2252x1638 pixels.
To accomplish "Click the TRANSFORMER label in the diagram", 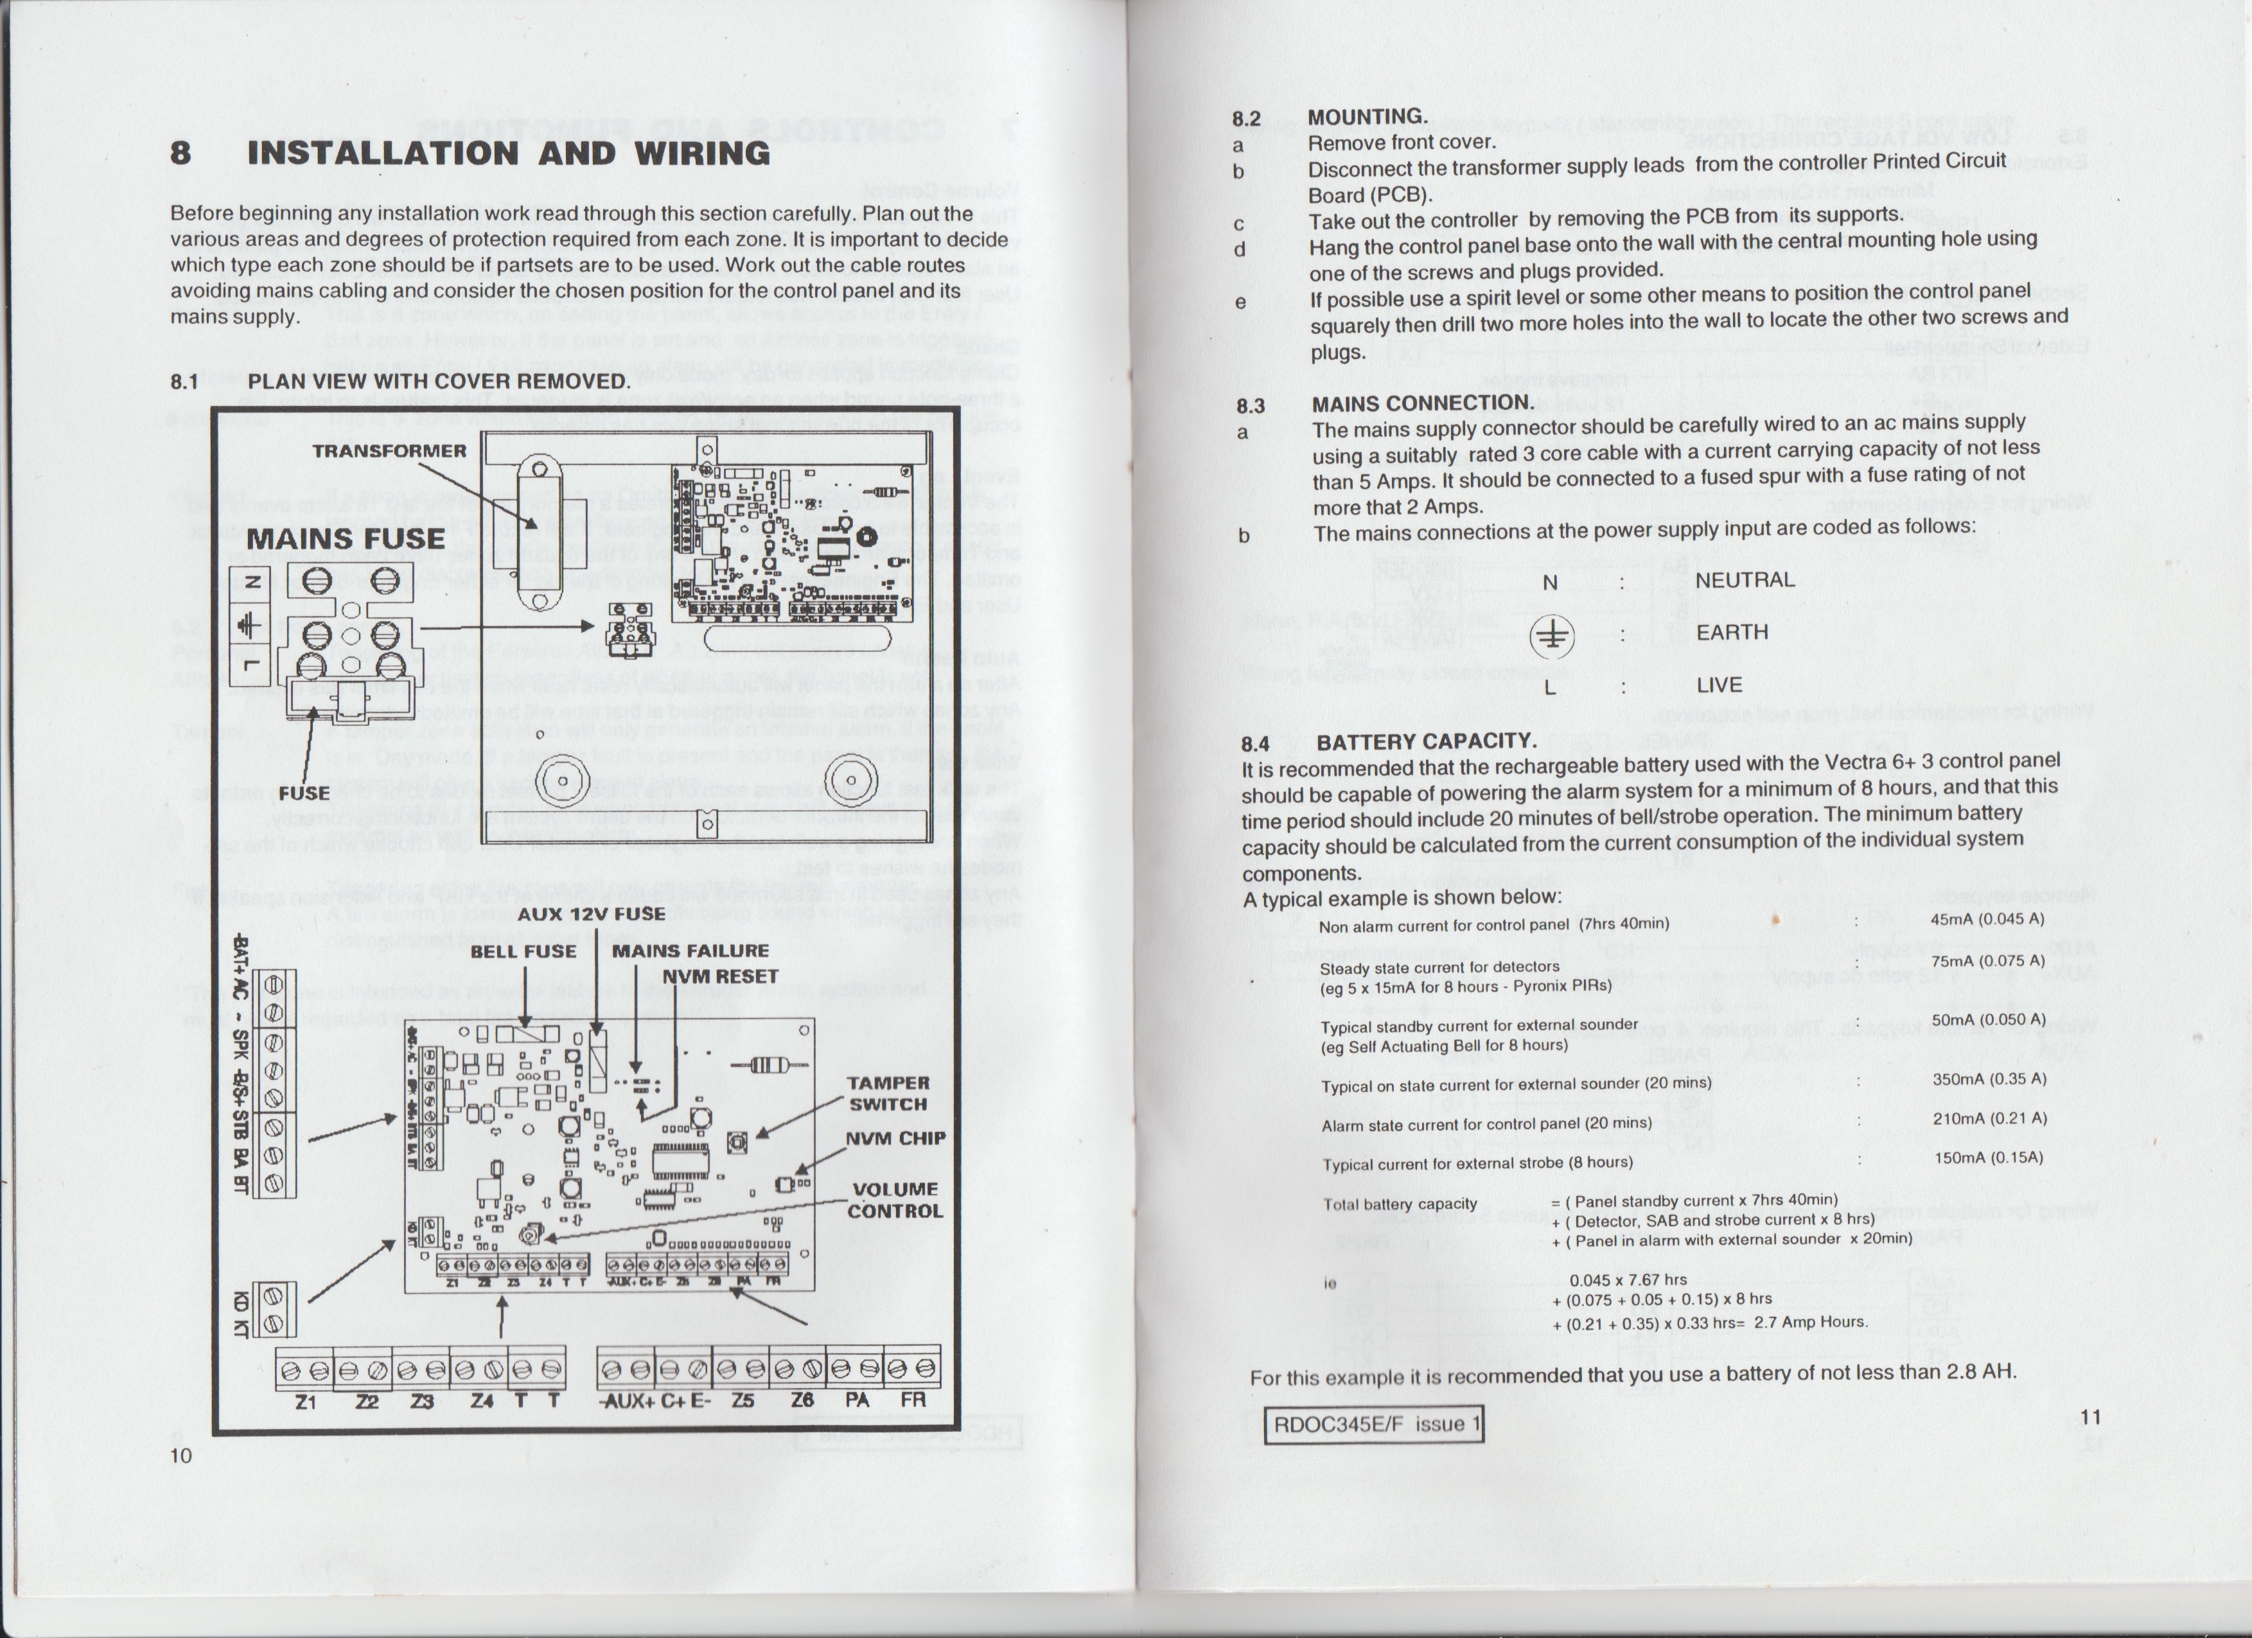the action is (x=389, y=451).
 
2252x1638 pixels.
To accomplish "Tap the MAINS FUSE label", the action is (x=346, y=539).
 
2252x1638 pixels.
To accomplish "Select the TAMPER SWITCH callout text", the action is (x=888, y=1093).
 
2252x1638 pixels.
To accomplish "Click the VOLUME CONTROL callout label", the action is (x=895, y=1199).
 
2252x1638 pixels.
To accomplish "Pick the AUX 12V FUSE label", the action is (x=592, y=913).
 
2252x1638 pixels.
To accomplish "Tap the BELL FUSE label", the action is (x=523, y=951).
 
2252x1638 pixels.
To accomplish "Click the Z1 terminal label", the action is (x=306, y=1401).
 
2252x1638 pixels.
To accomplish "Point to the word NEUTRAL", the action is (x=1745, y=580).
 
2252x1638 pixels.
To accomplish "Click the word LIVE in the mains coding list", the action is (x=1719, y=685).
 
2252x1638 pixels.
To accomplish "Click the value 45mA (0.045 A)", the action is (x=1987, y=919).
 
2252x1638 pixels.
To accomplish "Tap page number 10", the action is (x=180, y=1456).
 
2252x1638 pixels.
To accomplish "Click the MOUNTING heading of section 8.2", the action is (x=1368, y=117).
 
